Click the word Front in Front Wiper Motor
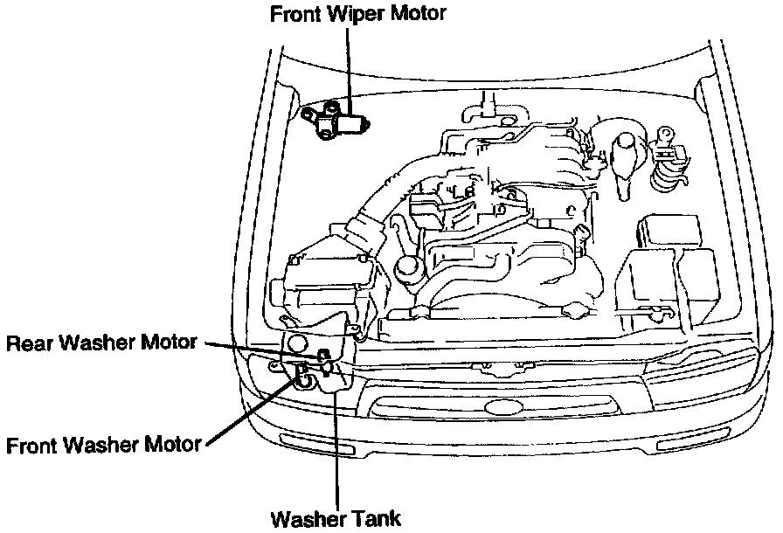coord(294,14)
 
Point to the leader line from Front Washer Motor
coord(249,411)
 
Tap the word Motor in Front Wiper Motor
coord(418,14)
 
